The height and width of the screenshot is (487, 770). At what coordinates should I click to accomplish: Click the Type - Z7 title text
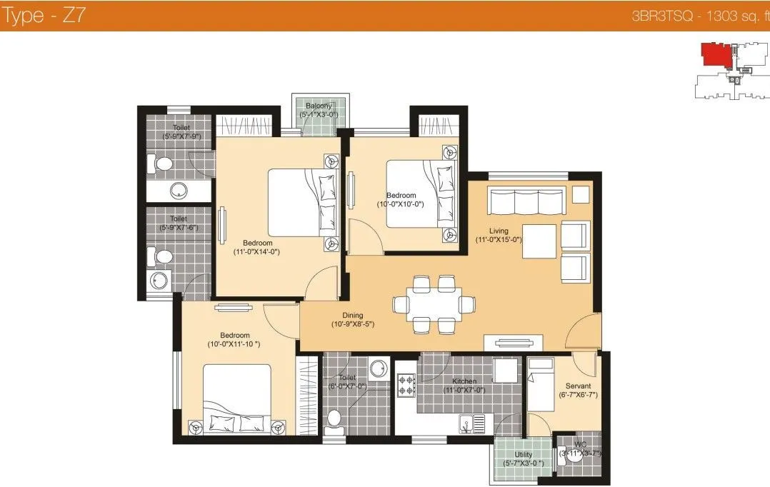click(x=44, y=16)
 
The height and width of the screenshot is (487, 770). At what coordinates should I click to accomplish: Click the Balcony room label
click(x=320, y=106)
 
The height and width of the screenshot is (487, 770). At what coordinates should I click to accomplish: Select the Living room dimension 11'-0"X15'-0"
click(x=499, y=240)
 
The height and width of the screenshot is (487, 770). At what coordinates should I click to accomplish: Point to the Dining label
click(x=352, y=315)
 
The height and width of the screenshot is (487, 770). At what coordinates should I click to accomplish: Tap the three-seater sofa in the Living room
click(x=526, y=201)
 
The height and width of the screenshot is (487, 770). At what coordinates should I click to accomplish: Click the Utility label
click(x=523, y=454)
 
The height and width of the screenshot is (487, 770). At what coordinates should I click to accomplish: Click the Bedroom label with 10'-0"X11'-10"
click(x=234, y=336)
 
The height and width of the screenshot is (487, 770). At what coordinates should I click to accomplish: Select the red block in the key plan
click(x=713, y=54)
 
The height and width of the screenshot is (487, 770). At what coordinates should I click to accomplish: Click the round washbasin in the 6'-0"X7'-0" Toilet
click(x=377, y=367)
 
